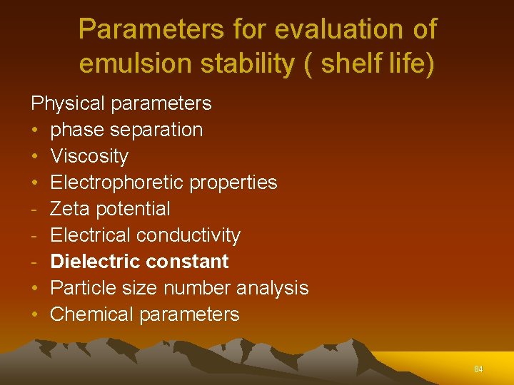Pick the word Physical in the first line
(x=67, y=103)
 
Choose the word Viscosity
(x=89, y=156)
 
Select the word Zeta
(x=70, y=209)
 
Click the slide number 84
(x=478, y=369)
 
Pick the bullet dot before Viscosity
(x=35, y=156)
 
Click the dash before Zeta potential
(x=34, y=209)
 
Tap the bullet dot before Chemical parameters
(x=35, y=314)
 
